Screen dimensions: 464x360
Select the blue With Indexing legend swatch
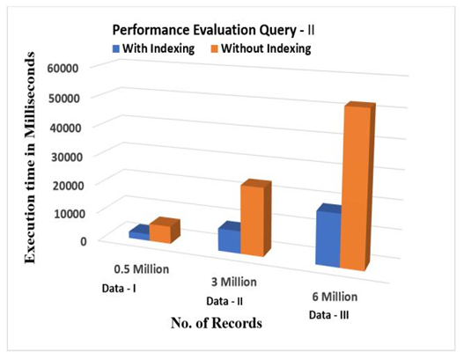point(116,48)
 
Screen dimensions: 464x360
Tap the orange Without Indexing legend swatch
point(215,48)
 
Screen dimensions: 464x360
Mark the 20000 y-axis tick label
point(68,185)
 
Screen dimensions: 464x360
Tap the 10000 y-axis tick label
point(70,213)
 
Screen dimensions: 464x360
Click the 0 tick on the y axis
point(84,241)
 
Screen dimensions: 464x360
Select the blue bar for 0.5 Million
point(139,232)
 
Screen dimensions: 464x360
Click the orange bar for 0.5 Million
point(165,231)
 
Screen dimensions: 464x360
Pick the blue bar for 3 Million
point(229,238)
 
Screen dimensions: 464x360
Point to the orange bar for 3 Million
point(255,218)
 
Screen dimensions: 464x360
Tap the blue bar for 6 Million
point(328,237)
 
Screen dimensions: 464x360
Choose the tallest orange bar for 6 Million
point(357,187)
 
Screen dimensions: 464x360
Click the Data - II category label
point(225,301)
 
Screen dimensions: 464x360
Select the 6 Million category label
point(335,297)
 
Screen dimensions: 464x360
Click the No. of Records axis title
point(217,323)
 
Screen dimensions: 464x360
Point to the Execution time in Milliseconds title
point(30,158)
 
